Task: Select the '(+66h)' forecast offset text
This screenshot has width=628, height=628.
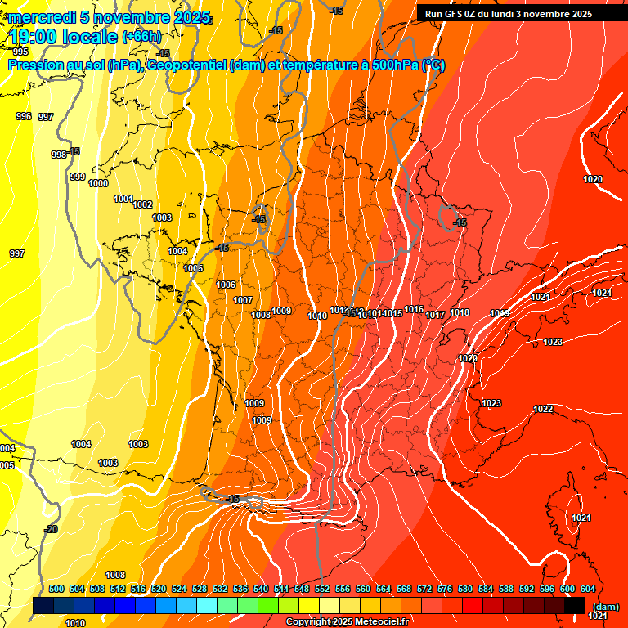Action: click(141, 37)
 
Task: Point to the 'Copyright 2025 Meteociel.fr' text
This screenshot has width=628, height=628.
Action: click(348, 622)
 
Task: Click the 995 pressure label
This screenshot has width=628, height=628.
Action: click(20, 52)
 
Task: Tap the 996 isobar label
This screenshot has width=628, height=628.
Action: click(24, 117)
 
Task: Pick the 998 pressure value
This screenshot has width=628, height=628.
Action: click(59, 155)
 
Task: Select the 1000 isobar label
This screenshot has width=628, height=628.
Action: click(98, 184)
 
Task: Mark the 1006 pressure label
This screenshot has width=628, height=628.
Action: click(227, 285)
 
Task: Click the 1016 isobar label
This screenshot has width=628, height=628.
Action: click(414, 310)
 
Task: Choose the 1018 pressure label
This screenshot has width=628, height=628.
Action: click(460, 312)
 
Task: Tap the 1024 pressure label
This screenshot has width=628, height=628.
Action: click(602, 293)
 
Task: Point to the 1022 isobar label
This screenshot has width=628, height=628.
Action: click(543, 409)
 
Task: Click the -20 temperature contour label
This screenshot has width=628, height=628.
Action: click(52, 529)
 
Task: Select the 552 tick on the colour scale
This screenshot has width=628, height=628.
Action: click(322, 589)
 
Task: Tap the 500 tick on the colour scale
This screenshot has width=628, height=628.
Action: click(56, 589)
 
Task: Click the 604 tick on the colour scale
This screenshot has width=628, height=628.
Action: click(588, 589)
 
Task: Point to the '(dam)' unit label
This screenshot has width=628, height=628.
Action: click(605, 606)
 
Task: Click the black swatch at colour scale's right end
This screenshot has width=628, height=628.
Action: click(575, 605)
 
